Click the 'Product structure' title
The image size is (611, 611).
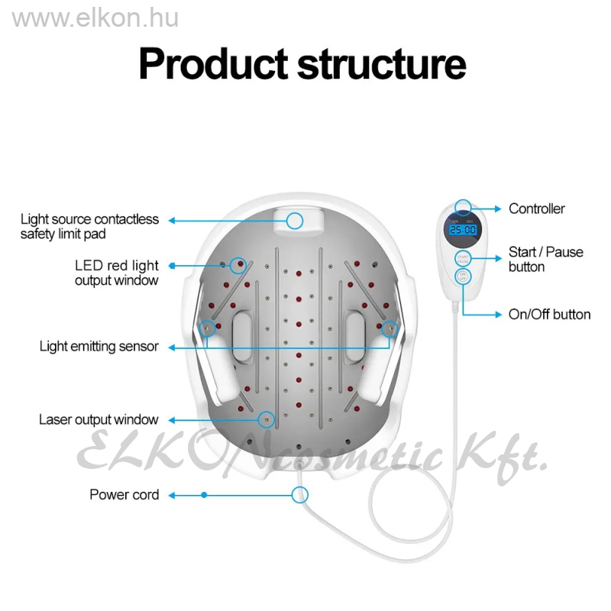[302, 64]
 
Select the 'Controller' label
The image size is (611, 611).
[537, 209]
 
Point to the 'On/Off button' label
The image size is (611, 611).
[549, 314]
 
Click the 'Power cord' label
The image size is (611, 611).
[124, 495]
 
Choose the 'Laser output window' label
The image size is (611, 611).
[99, 419]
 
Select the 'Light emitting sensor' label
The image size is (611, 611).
[99, 347]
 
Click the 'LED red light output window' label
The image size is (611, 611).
[116, 273]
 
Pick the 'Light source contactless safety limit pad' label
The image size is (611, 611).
[89, 227]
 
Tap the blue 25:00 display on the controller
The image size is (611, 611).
[462, 229]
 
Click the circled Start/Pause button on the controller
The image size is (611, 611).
[462, 258]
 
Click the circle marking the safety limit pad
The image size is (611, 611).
[295, 221]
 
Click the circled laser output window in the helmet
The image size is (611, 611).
[267, 419]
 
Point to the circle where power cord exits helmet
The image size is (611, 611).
[300, 494]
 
